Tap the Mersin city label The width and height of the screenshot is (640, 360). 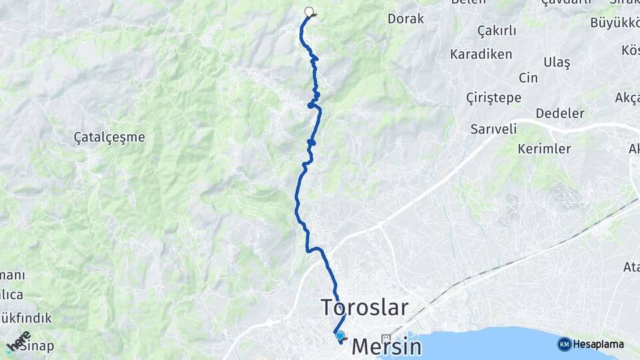387,347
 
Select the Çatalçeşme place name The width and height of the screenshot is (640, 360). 109,137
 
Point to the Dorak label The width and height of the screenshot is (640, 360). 405,19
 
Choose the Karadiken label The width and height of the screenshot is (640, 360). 481,54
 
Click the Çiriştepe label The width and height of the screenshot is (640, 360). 493,98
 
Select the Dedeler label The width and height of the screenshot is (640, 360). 560,113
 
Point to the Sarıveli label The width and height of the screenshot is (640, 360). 493,129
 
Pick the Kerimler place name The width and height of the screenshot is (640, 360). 544,149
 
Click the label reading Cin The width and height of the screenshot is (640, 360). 528,78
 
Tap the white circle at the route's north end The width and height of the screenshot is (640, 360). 309,11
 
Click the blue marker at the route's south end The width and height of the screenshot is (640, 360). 341,336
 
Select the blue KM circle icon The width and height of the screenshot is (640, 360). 564,344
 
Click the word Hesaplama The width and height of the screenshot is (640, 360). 598,345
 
